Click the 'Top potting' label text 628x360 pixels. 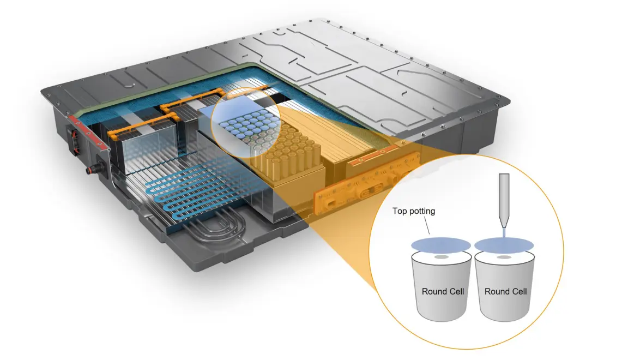click(x=414, y=211)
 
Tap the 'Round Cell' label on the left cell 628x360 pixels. click(x=443, y=291)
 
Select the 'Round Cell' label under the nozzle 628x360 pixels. click(x=505, y=291)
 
